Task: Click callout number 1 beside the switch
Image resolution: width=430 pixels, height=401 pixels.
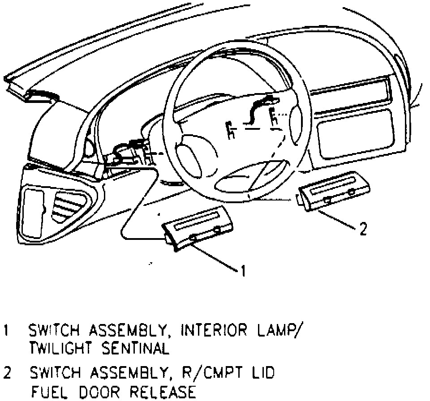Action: [x=242, y=271]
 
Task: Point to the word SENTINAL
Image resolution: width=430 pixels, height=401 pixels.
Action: [x=135, y=348]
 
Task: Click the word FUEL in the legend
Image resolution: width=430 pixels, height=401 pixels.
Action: [x=46, y=392]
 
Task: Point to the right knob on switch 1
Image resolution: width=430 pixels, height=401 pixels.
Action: [x=218, y=230]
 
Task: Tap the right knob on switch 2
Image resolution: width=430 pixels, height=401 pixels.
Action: [x=352, y=192]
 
